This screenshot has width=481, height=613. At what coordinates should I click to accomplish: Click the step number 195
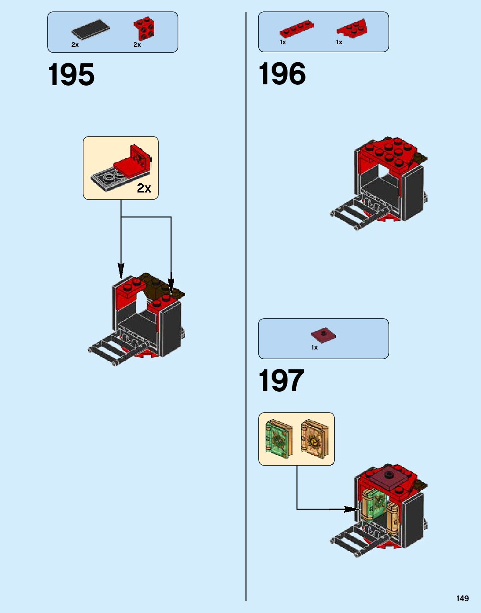(71, 75)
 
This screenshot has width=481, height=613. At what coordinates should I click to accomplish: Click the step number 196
(282, 74)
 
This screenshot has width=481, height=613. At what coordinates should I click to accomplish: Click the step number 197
(281, 380)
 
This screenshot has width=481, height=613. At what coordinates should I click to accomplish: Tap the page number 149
(462, 598)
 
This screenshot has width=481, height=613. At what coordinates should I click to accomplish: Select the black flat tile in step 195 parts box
(90, 30)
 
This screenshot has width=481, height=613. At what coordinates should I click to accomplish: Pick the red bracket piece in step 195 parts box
(145, 28)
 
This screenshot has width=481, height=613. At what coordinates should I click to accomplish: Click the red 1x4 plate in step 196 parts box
(296, 29)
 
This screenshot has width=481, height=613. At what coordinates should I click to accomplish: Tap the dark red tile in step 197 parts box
(323, 335)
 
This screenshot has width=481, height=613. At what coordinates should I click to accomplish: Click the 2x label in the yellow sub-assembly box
(144, 188)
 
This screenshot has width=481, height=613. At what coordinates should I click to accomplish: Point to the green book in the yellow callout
(277, 439)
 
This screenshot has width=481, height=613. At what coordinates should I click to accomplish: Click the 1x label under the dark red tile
(314, 347)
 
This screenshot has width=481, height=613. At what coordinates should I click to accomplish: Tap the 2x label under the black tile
(75, 45)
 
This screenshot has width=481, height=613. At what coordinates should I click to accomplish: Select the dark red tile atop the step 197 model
(388, 479)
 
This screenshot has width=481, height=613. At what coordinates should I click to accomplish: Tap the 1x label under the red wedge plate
(339, 42)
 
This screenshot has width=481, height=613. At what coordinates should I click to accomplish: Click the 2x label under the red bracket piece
(137, 45)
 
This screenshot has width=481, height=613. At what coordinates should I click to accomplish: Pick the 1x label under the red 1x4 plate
(283, 42)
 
